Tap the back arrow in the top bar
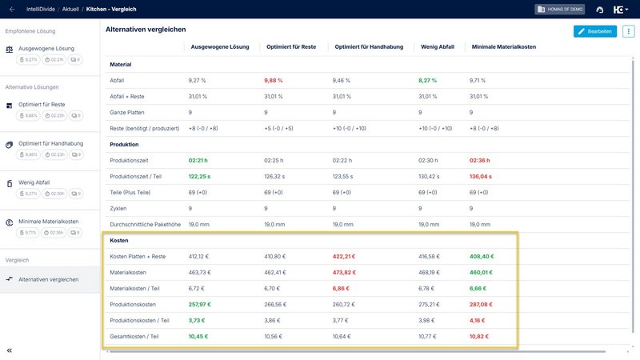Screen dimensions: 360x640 click(x=12, y=9)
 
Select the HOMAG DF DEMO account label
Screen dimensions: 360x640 click(x=560, y=10)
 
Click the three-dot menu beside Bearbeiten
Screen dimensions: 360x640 click(x=628, y=31)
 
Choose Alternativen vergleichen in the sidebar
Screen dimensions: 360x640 click(x=49, y=279)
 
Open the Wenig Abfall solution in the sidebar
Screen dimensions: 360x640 click(x=35, y=182)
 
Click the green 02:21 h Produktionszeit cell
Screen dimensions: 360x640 click(x=199, y=161)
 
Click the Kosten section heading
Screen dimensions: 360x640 click(x=119, y=240)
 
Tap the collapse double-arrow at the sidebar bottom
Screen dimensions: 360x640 click(x=10, y=350)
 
